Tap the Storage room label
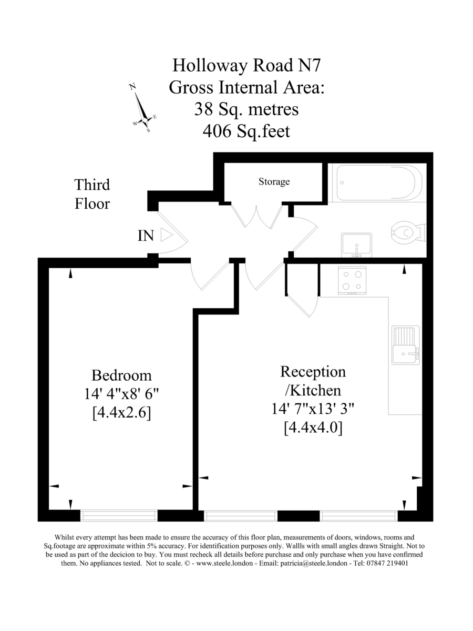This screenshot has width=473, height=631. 274,182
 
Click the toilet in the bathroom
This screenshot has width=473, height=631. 408,231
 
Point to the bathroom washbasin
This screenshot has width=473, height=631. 356,245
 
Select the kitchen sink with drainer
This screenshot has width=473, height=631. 406,344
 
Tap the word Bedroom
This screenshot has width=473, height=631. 121,375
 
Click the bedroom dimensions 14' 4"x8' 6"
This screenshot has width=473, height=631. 121,394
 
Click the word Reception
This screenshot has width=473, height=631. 313,372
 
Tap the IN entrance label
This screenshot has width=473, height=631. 146,236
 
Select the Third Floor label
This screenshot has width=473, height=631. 92,194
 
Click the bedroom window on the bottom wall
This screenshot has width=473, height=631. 119,516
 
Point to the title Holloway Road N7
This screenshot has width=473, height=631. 246,65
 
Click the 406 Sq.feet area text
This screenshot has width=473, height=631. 246,131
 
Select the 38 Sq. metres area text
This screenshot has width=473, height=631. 246,109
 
